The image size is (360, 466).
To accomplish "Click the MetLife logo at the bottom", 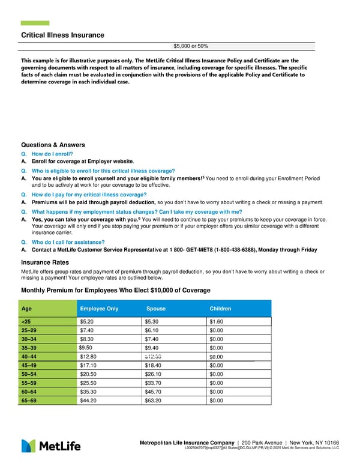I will point(51,446).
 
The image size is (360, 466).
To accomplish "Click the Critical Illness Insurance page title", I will point(62,35).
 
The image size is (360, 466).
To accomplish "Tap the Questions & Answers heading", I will point(53,145).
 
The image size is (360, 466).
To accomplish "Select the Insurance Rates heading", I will point(45,262).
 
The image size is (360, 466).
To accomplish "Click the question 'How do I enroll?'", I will point(52,154).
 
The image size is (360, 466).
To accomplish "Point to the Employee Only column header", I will point(99,309).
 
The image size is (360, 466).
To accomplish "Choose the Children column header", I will point(220,309).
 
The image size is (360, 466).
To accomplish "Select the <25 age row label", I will point(26,321).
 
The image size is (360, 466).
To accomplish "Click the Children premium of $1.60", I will point(215,321).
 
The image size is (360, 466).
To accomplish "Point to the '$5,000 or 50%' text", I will point(191,46).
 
